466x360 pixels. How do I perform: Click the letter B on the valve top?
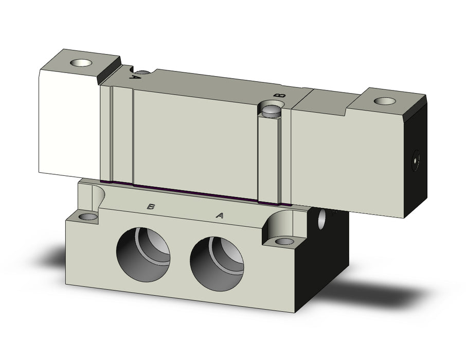(x=280, y=96)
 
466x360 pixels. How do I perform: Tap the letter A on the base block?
(x=219, y=215)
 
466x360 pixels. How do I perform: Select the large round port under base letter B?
(x=144, y=255)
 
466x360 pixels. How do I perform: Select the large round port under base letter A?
(x=217, y=264)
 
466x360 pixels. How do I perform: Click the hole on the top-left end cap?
(x=81, y=63)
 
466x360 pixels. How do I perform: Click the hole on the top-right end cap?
(x=385, y=101)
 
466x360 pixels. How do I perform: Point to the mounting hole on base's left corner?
(x=88, y=217)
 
